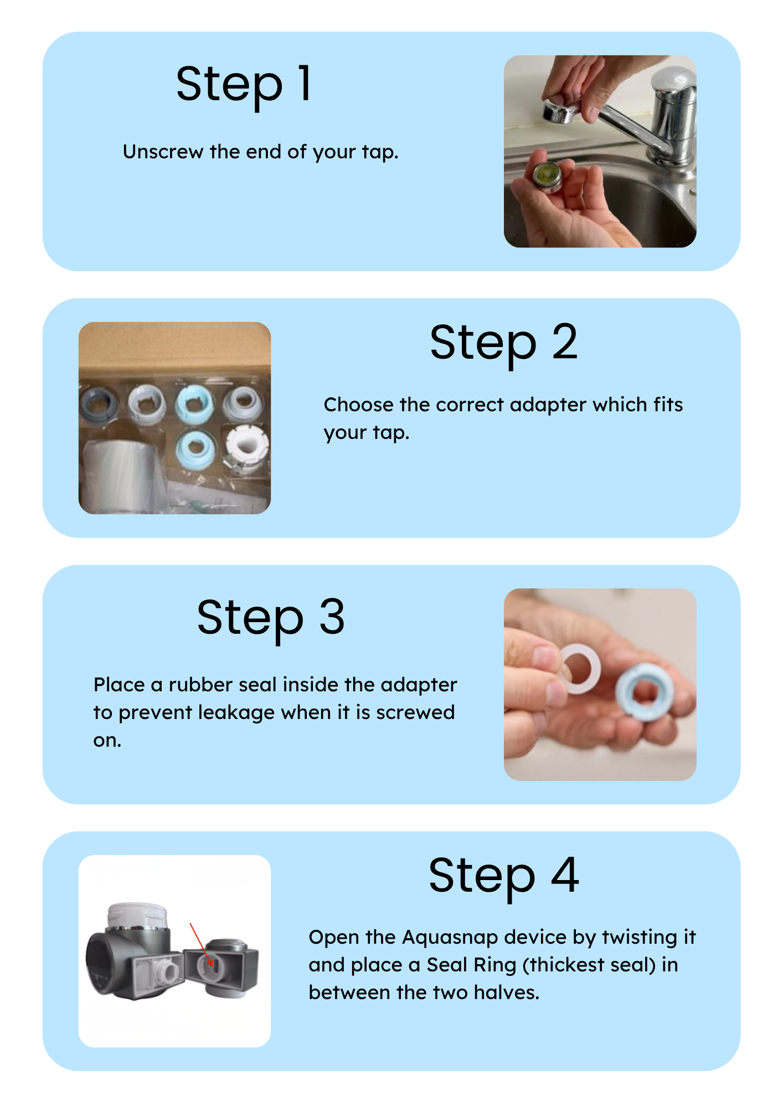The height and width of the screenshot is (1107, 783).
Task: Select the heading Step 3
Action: tap(271, 619)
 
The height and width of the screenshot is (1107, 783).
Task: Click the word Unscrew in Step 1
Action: tap(163, 152)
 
